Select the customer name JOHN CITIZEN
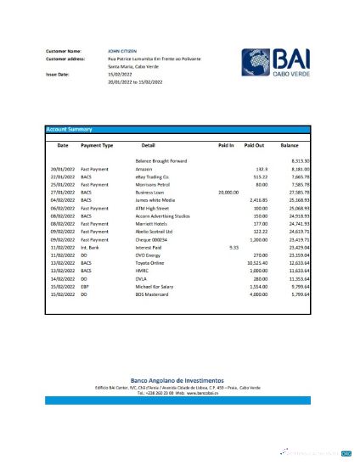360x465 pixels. pos(121,52)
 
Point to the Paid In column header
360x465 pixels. pos(225,146)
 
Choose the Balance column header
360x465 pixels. pos(290,146)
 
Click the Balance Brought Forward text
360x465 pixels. pos(161,161)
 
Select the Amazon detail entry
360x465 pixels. pos(143,169)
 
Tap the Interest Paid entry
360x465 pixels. pos(149,246)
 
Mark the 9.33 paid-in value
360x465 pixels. pos(233,246)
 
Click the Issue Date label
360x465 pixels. pos(59,75)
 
